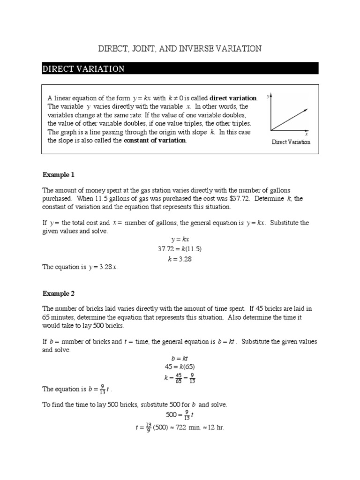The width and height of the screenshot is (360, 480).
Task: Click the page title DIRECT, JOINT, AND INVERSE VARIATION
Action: (180, 49)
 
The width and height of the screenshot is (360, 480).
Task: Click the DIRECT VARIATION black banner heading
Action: (83, 69)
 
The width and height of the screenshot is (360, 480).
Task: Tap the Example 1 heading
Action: (59, 175)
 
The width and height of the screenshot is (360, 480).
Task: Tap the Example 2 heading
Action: (59, 294)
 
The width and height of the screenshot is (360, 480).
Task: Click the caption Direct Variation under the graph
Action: (291, 142)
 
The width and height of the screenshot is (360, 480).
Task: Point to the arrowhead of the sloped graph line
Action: (306, 109)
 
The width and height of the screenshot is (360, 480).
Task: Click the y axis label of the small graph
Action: (268, 96)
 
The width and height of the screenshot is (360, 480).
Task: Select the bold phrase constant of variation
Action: (155, 141)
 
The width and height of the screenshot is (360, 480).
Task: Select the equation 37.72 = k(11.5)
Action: (180, 249)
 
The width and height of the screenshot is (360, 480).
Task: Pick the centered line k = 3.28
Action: (180, 258)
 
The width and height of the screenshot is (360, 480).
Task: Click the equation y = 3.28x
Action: (103, 267)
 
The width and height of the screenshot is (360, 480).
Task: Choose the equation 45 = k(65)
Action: (180, 367)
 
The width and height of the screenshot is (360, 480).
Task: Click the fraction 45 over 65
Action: (178, 378)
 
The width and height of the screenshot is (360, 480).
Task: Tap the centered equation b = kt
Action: (180, 358)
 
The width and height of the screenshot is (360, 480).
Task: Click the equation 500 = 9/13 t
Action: (180, 415)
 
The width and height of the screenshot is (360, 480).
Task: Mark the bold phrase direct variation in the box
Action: (233, 98)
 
